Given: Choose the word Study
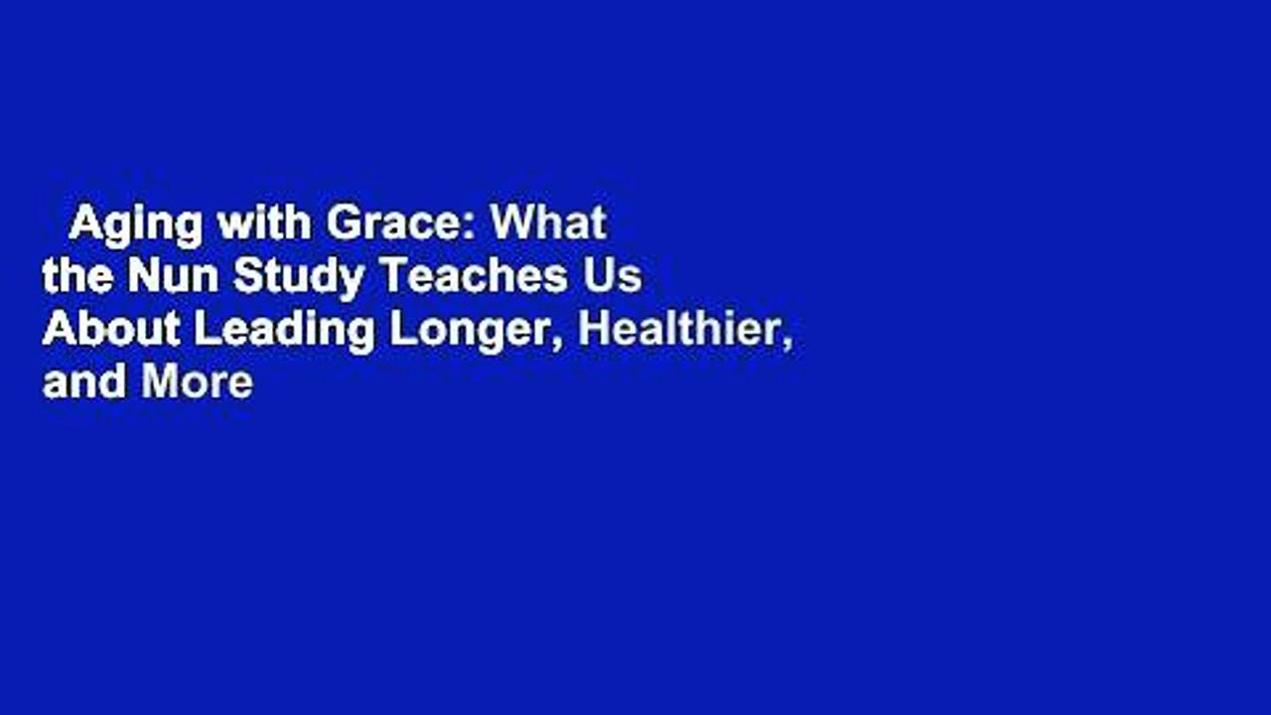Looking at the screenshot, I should tap(298, 279).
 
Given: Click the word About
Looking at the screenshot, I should tap(111, 330).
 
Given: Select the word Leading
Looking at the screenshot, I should tap(283, 332).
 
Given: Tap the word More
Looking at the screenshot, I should tap(198, 382).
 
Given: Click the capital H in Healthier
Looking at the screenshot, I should tap(594, 330).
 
